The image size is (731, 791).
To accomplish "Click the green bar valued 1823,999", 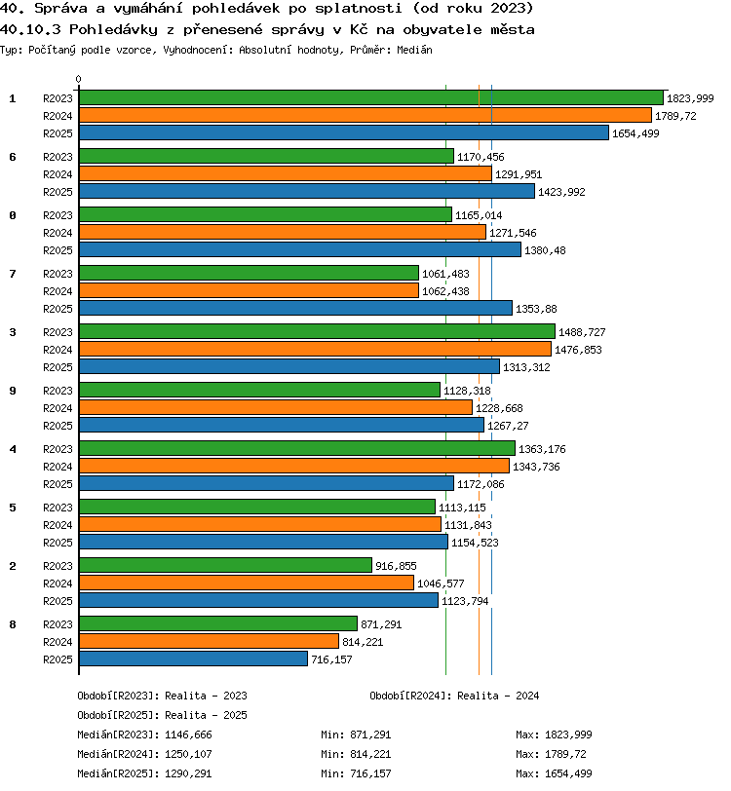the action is click(371, 97).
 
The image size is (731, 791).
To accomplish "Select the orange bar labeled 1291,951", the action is click(286, 174).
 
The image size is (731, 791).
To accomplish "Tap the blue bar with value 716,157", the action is click(193, 659).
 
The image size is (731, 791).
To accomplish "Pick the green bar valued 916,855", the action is click(226, 566).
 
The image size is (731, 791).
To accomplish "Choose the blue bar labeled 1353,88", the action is click(296, 308).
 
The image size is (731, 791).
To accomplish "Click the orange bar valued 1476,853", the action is click(316, 349).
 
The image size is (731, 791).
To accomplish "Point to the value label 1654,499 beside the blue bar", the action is click(635, 133).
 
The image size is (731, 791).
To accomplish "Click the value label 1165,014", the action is click(479, 215).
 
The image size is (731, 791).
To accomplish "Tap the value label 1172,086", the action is click(481, 484).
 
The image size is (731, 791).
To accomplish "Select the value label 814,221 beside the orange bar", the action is click(363, 642).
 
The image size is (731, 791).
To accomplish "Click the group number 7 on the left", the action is click(13, 274).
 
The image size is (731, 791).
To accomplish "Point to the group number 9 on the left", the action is click(13, 391).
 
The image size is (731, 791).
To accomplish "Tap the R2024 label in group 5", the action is click(58, 525).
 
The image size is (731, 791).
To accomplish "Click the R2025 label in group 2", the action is click(58, 601).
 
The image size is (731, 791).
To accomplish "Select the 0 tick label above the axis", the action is click(78, 79).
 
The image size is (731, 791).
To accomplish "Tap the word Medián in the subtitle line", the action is click(414, 50).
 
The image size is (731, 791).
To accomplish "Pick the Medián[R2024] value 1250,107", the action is click(188, 754).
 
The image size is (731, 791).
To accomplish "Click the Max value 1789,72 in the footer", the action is click(565, 754).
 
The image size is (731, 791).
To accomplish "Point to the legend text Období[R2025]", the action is click(115, 715).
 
